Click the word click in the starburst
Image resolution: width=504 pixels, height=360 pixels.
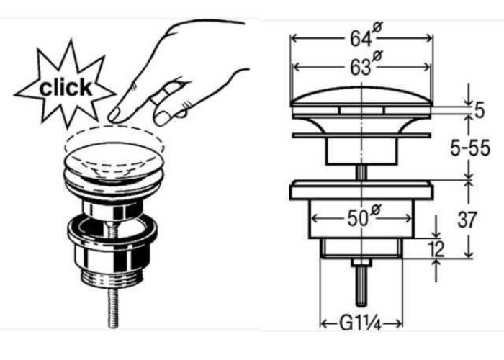tap(66, 87)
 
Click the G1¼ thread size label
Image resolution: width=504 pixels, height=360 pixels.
tap(360, 323)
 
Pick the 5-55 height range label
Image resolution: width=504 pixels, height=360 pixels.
tap(470, 148)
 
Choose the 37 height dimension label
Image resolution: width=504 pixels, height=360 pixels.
tap(467, 220)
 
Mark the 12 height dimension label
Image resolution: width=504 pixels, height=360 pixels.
tap(436, 248)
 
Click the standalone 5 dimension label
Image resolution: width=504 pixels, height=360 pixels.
tap(479, 111)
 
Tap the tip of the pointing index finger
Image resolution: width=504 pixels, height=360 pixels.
tap(112, 117)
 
